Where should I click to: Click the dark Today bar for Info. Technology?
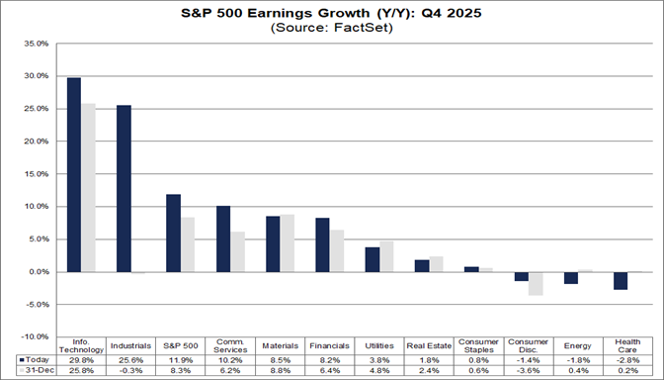pos(74,174)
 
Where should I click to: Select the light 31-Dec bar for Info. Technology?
pos(88,187)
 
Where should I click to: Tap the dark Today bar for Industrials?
pos(124,188)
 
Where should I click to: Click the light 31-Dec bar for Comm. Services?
pos(237,251)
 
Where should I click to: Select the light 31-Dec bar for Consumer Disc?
pos(535,283)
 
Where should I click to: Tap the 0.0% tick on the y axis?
pos(38,271)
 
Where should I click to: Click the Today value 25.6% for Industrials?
pos(131,360)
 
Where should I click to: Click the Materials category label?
pos(280,345)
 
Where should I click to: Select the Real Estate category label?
pos(428,345)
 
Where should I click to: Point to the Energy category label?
pos(577,345)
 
